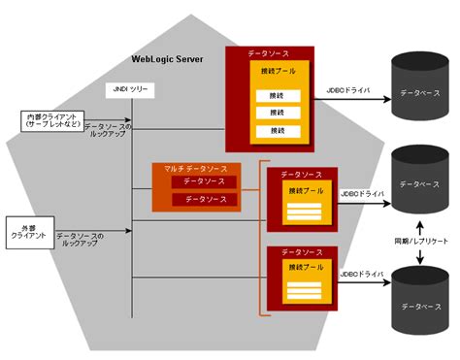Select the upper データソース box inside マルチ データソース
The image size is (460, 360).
(205, 182)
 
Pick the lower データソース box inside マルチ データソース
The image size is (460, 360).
(205, 199)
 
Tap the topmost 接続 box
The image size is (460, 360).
(278, 95)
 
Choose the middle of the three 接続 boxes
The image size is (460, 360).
(278, 113)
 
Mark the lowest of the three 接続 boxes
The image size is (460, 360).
(278, 130)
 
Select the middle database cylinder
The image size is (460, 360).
(420, 182)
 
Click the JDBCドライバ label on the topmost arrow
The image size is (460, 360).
(350, 89)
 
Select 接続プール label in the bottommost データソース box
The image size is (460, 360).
(305, 266)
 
